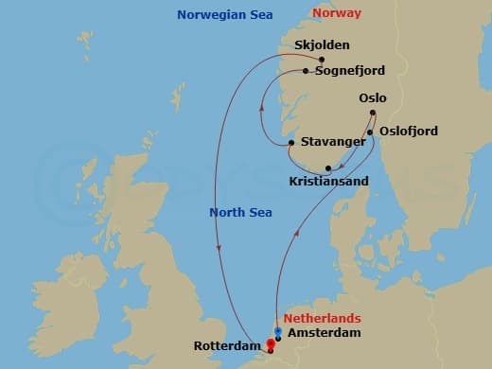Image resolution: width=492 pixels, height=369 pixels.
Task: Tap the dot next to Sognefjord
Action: coord(306,70)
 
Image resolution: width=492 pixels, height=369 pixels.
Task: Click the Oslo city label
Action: coord(373,97)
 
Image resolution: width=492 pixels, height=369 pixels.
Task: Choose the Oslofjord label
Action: coord(411,132)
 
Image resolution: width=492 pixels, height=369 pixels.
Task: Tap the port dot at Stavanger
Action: coord(291,143)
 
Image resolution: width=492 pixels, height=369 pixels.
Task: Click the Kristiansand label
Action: coord(329,180)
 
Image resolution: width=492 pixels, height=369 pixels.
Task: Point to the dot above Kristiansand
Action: coord(327,168)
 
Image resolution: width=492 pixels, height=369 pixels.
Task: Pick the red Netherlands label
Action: coord(320,320)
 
